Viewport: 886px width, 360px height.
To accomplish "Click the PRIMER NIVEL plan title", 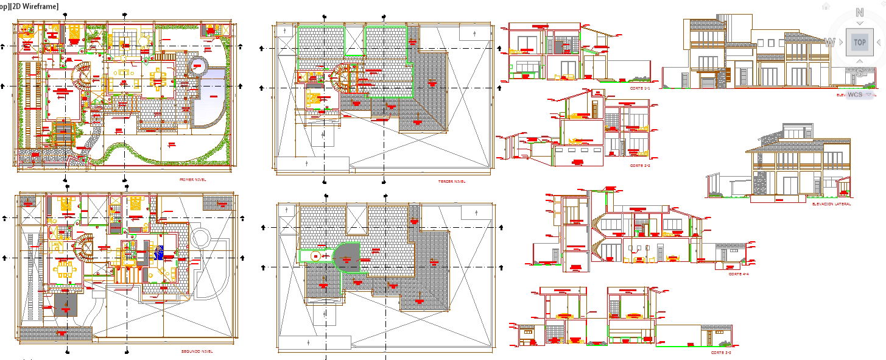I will (x=192, y=180).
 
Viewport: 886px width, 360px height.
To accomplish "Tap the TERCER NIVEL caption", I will (x=451, y=182).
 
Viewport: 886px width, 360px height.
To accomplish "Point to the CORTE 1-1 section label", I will (x=641, y=88).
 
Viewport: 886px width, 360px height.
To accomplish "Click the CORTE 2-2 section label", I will (x=640, y=166).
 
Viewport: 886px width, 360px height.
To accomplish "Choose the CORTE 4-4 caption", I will (x=738, y=274).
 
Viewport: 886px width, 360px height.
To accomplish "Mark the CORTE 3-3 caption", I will (x=720, y=353).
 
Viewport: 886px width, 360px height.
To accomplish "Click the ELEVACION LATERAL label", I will (x=831, y=204).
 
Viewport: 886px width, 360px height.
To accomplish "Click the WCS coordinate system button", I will (x=856, y=96).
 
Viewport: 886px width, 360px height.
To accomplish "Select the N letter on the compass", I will (x=859, y=12).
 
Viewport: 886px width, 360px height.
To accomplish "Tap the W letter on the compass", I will (x=829, y=43).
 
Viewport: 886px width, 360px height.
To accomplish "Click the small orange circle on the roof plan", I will (x=315, y=256).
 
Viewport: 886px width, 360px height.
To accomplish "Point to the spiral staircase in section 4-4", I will (x=597, y=238).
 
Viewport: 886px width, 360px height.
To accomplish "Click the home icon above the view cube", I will (x=825, y=6).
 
